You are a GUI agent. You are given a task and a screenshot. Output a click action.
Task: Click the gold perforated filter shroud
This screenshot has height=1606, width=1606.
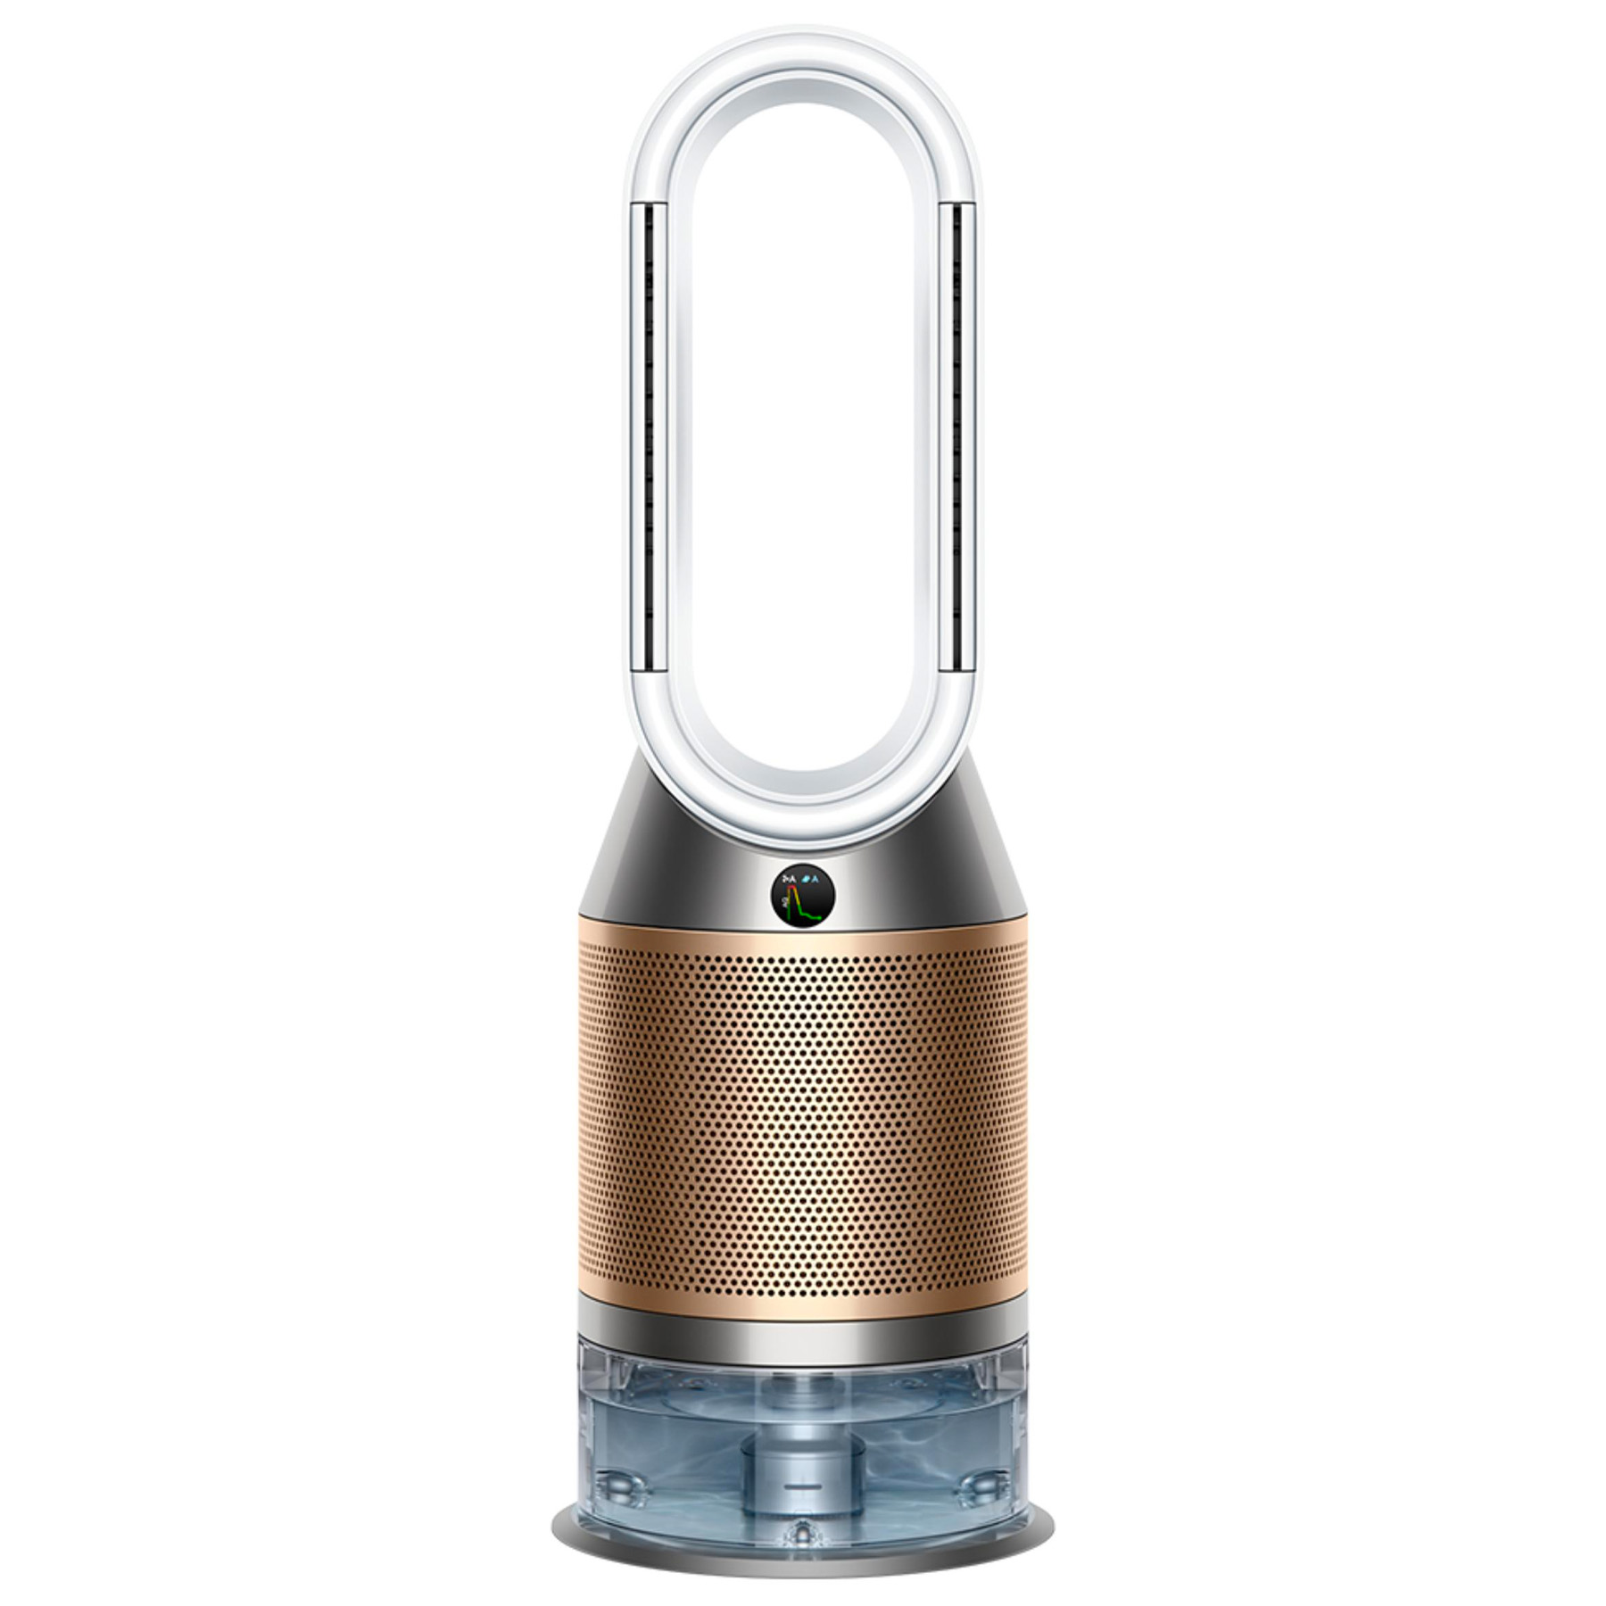tap(803, 1115)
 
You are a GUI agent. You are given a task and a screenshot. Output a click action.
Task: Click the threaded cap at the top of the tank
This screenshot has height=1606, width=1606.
tap(803, 1388)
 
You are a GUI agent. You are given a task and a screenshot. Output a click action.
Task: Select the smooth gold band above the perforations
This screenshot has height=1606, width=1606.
tap(803, 948)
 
